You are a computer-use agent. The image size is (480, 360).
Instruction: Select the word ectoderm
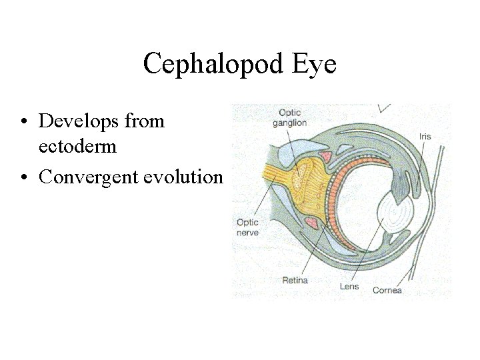[x=78, y=146]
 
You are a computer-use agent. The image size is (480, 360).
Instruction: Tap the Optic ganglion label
[x=293, y=117]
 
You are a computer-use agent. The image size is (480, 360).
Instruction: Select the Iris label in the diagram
[x=425, y=137]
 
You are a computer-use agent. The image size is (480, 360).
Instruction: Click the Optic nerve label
[x=247, y=227]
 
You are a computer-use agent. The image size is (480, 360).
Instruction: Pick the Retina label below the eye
[x=295, y=280]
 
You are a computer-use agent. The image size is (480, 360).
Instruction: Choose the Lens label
[x=349, y=287]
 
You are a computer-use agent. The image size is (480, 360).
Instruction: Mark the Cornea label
[x=387, y=290]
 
